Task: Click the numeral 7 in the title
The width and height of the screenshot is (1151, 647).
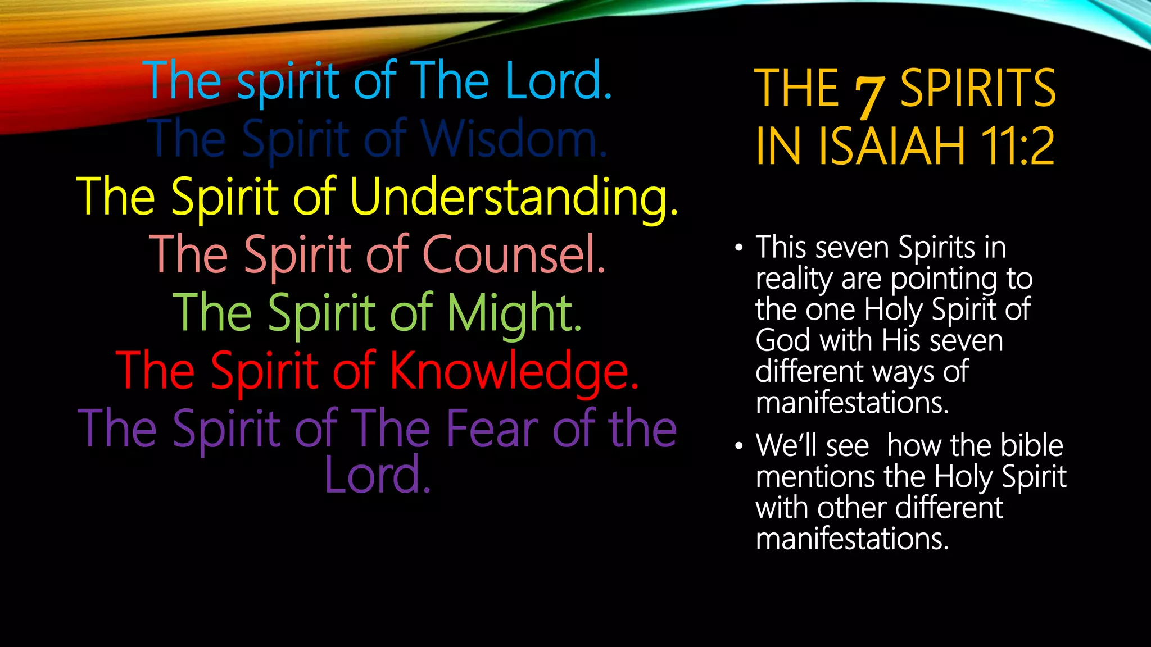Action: (x=869, y=94)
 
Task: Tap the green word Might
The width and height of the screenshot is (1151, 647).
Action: (x=514, y=313)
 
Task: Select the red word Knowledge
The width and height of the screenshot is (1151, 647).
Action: (x=514, y=371)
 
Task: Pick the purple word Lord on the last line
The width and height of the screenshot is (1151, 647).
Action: (x=377, y=475)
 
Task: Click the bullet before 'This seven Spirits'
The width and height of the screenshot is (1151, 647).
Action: (x=738, y=248)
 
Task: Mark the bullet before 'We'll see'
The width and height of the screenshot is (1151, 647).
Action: (x=738, y=446)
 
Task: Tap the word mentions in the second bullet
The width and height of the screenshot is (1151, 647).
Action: (x=815, y=477)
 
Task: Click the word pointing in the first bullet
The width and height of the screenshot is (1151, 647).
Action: (x=942, y=280)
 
